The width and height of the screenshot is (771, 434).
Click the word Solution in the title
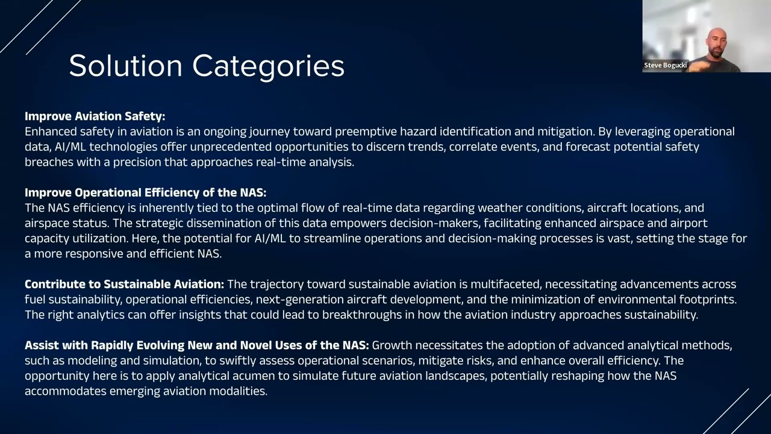click(125, 66)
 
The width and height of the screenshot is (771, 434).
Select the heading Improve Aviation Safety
click(95, 116)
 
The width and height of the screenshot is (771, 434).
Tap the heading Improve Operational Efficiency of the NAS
click(145, 193)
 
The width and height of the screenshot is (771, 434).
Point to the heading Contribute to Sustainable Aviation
click(124, 284)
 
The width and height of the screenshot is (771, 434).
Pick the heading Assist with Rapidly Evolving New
click(196, 345)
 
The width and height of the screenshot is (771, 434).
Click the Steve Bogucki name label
click(665, 65)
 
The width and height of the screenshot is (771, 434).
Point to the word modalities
click(239, 391)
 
